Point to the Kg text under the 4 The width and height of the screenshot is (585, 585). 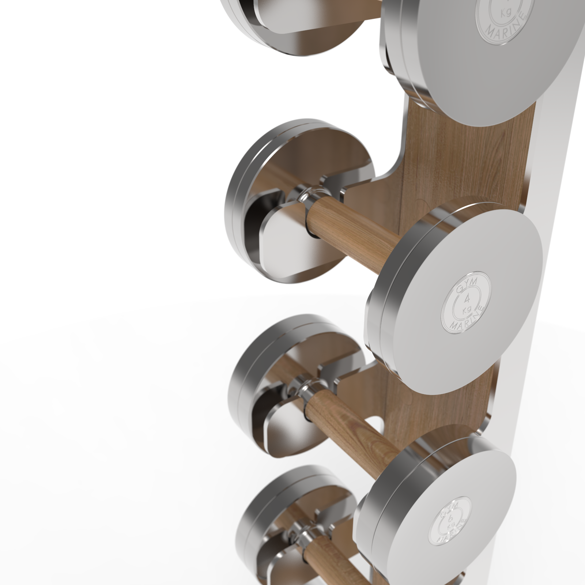tap(467, 310)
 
